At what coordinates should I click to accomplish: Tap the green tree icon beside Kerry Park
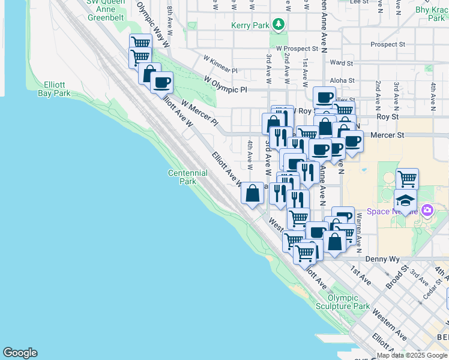(x=277, y=25)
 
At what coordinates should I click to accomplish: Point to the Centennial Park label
(x=188, y=177)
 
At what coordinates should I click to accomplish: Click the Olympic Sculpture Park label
(x=349, y=301)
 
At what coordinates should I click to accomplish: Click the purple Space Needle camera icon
(x=427, y=211)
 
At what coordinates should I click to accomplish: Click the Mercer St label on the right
(x=388, y=136)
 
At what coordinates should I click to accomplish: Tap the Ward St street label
(x=341, y=62)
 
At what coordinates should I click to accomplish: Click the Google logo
(x=20, y=353)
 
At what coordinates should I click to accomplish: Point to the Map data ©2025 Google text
(x=412, y=355)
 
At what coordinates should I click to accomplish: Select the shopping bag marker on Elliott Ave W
(x=253, y=193)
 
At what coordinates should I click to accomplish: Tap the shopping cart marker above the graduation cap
(x=407, y=178)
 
